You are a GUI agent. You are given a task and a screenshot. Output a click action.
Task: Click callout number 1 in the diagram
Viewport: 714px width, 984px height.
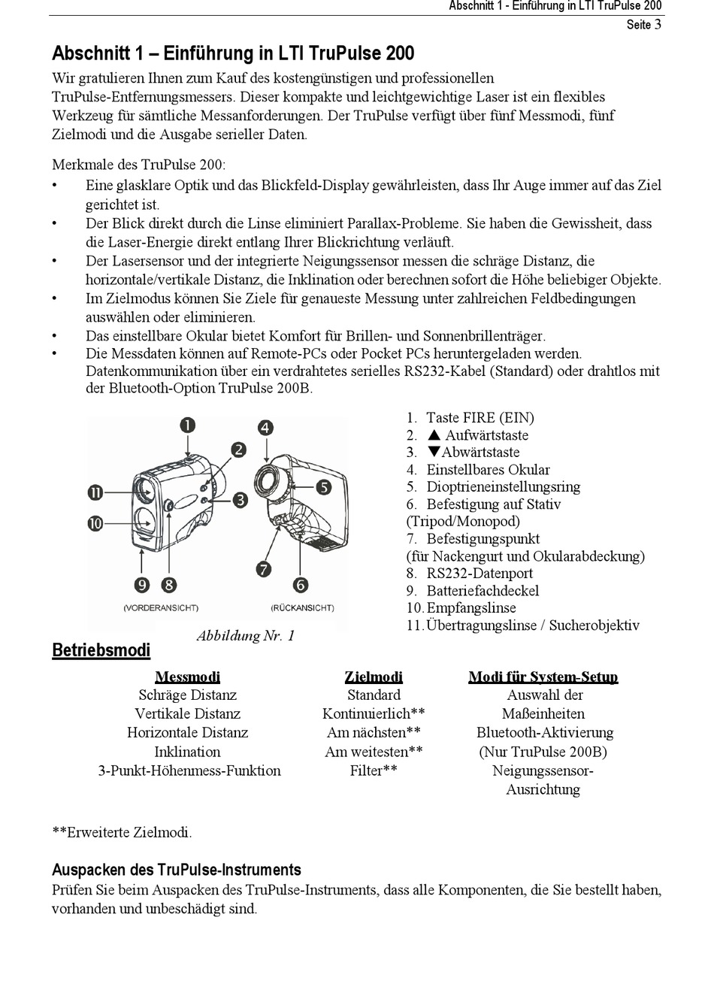pos(187,425)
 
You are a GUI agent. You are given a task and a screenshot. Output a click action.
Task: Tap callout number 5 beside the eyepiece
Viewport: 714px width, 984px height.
pos(323,487)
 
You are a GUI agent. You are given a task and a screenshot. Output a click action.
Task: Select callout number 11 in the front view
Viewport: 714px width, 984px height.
pos(95,493)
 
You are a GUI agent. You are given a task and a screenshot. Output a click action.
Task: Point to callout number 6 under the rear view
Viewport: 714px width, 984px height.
pos(301,584)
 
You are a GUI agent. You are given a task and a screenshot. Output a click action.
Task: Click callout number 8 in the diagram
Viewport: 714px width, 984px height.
pos(168,584)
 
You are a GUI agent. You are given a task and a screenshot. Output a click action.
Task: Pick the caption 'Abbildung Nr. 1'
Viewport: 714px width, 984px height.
pos(246,636)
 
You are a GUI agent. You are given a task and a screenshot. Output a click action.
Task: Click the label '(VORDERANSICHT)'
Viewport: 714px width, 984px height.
pos(160,607)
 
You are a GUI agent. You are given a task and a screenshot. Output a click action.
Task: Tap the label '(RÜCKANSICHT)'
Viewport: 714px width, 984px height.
pos(302,607)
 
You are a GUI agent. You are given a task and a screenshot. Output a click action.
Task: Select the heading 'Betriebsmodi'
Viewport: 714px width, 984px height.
pos(101,650)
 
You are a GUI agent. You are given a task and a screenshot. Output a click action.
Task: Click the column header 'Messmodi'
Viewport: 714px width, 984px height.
pos(187,677)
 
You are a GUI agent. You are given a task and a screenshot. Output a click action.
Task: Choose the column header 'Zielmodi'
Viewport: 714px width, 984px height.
pos(374,677)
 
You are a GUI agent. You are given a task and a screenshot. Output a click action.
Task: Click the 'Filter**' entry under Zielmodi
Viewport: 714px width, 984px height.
pos(374,771)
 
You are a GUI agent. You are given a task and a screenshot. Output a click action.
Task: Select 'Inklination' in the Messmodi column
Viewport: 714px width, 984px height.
pos(187,752)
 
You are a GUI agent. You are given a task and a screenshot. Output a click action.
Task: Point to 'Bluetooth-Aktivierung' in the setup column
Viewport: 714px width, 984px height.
pos(545,733)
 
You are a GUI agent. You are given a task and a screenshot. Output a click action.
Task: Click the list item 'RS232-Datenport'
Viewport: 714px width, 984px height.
pos(480,574)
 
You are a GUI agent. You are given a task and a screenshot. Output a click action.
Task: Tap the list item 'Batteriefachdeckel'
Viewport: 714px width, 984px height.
pos(483,591)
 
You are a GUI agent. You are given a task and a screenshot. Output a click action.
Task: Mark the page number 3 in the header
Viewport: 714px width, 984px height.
pos(658,24)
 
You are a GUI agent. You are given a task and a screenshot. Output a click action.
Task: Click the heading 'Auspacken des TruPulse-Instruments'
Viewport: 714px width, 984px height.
pos(177,870)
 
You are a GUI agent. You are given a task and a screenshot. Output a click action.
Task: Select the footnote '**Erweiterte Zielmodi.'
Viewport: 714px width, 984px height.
pos(122,832)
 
